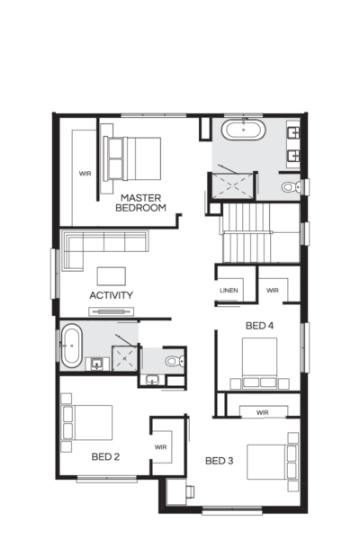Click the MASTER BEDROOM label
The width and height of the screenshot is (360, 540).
[142, 202]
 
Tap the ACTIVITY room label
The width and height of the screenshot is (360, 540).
[112, 294]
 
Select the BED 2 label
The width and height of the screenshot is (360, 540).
[106, 456]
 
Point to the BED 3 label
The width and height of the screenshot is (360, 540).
[220, 461]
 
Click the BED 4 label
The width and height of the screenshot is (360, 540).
[259, 325]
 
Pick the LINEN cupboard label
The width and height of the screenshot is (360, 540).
[229, 291]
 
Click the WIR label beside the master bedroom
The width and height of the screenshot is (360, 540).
[85, 172]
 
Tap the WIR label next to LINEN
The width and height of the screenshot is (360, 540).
[273, 291]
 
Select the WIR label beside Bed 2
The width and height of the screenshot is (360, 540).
[162, 445]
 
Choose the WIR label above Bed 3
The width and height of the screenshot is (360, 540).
[263, 412]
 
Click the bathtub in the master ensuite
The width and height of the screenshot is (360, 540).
[244, 131]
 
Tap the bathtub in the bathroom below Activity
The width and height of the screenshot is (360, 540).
[70, 346]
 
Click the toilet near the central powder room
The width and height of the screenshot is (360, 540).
[175, 362]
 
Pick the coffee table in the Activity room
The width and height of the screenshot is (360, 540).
[112, 274]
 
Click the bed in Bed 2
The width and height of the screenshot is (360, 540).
[88, 422]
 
